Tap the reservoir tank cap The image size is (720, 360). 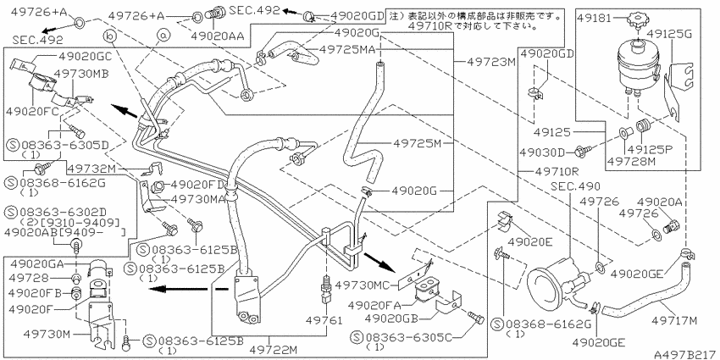pos(637,17)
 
